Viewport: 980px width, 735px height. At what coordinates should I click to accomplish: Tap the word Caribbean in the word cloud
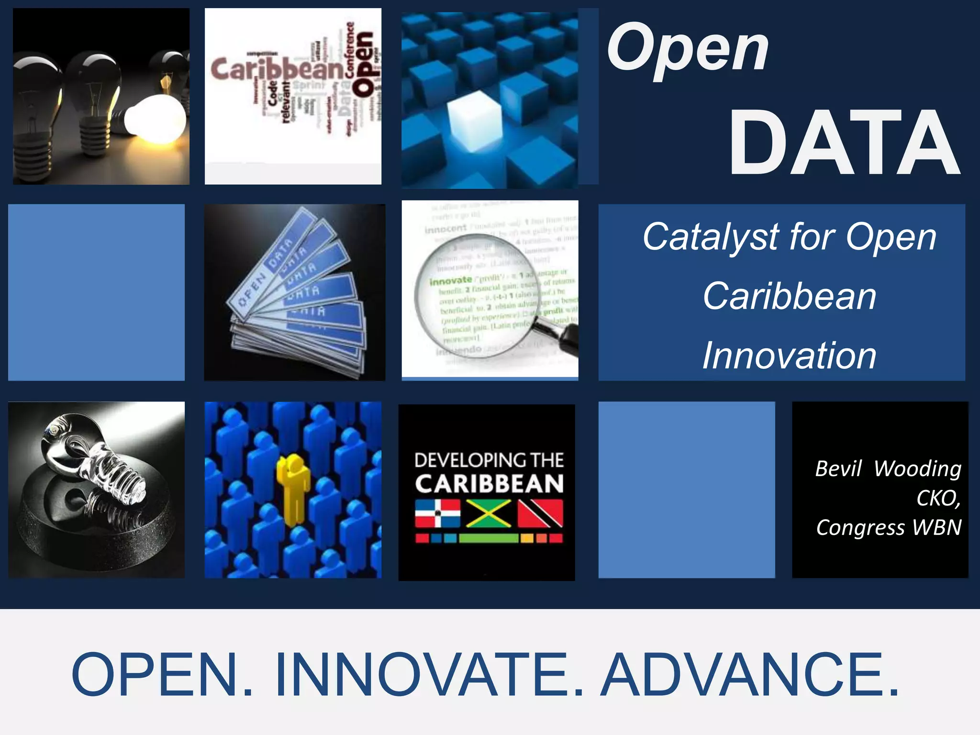pyautogui.click(x=277, y=70)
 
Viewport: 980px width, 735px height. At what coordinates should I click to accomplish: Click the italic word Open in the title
pyautogui.click(x=687, y=49)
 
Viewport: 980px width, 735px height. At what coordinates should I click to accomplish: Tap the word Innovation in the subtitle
pyautogui.click(x=789, y=356)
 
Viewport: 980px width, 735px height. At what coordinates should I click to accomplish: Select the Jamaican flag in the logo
pyautogui.click(x=489, y=513)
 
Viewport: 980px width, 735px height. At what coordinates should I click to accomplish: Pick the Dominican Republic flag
pyautogui.click(x=437, y=513)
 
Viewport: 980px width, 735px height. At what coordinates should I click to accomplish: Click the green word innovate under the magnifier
pyautogui.click(x=450, y=281)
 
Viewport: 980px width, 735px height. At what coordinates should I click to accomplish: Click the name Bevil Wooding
pyautogui.click(x=888, y=468)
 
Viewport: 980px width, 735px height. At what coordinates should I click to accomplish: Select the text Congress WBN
pyautogui.click(x=889, y=527)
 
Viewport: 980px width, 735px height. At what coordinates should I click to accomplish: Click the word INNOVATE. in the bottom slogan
pyautogui.click(x=429, y=675)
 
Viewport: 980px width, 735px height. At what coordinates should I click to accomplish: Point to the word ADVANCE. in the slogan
pyautogui.click(x=749, y=675)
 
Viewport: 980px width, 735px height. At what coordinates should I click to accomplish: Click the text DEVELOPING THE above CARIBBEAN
pyautogui.click(x=489, y=460)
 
